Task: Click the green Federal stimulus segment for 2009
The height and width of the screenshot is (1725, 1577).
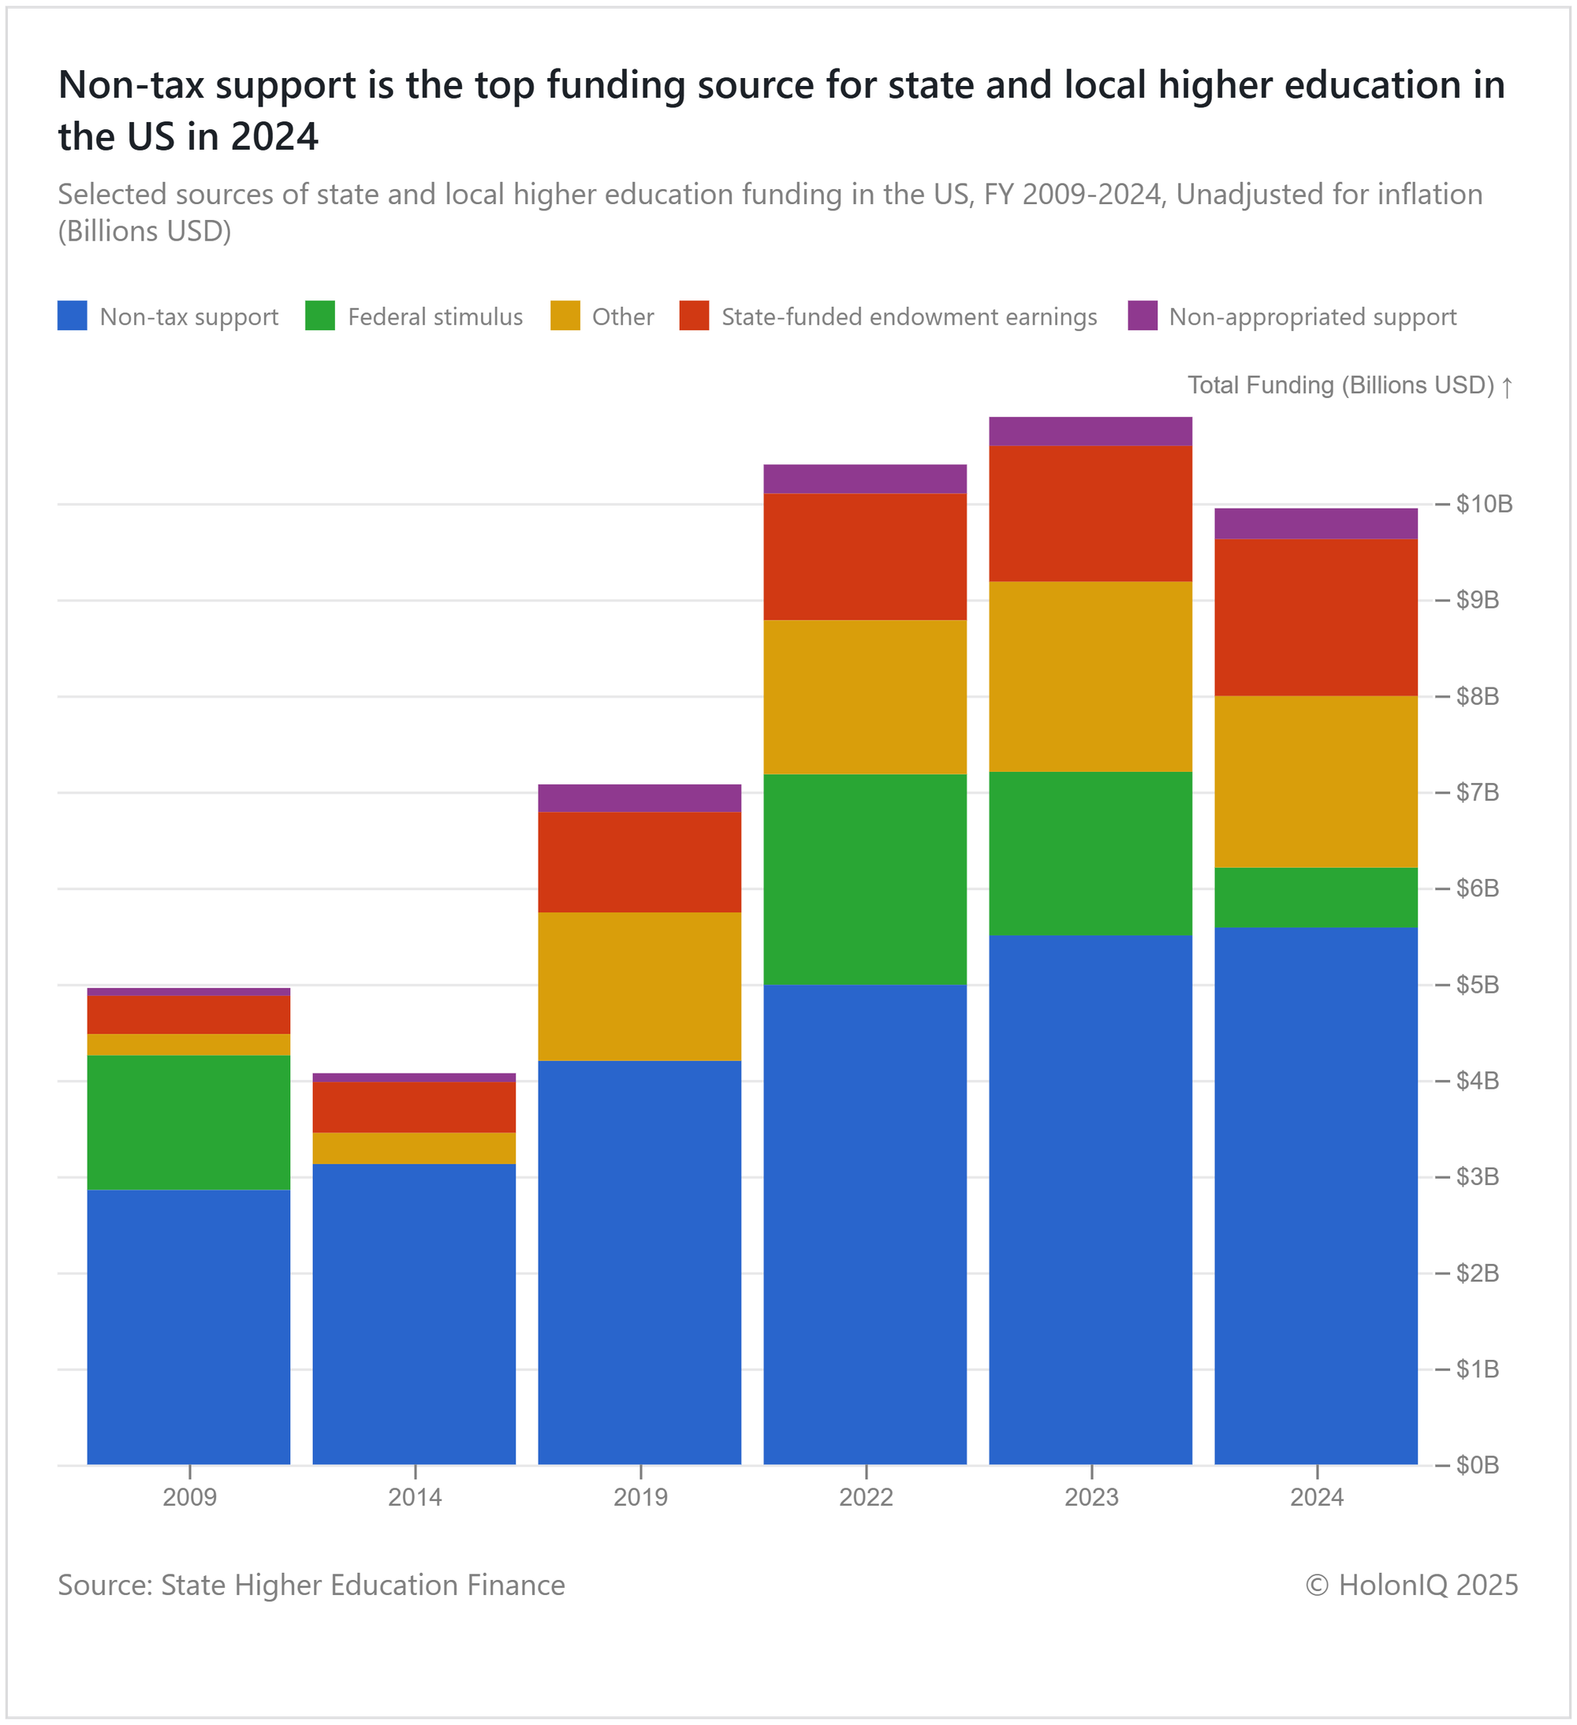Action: point(188,1122)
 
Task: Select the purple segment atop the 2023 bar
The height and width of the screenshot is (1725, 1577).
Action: point(1090,431)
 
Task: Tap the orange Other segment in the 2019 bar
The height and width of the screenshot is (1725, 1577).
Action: point(639,986)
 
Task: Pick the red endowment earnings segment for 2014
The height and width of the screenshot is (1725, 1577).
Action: point(414,1107)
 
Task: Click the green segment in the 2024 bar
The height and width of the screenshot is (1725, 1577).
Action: point(1316,897)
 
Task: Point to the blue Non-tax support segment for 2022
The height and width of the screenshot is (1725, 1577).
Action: point(865,1224)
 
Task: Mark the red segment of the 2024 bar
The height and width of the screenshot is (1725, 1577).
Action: point(1316,617)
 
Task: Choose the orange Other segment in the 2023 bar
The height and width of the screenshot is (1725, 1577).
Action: point(1090,676)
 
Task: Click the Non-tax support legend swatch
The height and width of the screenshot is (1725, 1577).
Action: point(72,315)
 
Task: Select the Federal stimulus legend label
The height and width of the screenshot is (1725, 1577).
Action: point(434,318)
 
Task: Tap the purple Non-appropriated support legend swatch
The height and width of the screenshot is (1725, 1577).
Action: point(1143,315)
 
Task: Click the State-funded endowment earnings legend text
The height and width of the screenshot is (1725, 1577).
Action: point(908,318)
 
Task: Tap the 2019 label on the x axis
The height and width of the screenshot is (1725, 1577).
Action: point(640,1497)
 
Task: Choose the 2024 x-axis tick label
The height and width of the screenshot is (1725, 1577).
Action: point(1317,1497)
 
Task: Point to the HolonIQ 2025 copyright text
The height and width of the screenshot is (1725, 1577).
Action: point(1411,1585)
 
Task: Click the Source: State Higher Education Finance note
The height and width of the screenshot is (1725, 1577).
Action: point(311,1585)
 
